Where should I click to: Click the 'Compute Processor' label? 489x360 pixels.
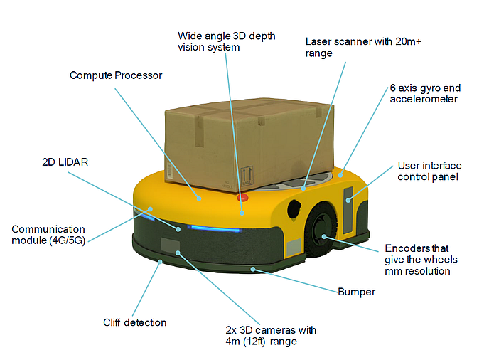click(116, 75)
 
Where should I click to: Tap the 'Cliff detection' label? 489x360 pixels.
click(135, 322)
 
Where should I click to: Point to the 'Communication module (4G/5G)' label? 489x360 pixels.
click(48, 235)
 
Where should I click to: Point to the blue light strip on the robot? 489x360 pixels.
click(213, 229)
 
